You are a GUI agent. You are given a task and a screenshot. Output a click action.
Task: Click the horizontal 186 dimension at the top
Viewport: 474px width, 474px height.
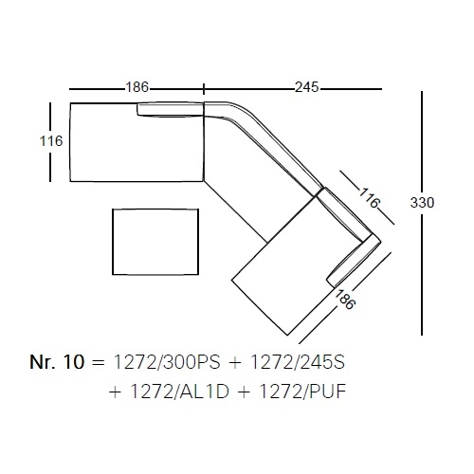[137, 87]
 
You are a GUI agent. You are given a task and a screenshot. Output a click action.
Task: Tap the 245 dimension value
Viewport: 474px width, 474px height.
[307, 87]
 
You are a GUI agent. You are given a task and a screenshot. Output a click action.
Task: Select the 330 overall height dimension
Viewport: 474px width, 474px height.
[422, 203]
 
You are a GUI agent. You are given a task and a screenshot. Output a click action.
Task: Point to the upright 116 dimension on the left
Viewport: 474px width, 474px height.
[51, 141]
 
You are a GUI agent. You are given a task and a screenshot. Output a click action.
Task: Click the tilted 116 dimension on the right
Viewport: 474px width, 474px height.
[369, 198]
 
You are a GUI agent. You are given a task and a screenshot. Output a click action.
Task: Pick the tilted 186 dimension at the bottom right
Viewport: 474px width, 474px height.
[345, 300]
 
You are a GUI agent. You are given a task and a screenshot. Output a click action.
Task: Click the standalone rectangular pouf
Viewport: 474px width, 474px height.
[155, 242]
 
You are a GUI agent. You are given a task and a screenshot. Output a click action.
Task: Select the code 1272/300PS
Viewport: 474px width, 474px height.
[167, 362]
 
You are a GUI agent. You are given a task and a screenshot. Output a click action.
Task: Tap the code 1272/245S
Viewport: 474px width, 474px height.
[298, 362]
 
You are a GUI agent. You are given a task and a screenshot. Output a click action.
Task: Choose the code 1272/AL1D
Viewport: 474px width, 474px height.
[179, 392]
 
